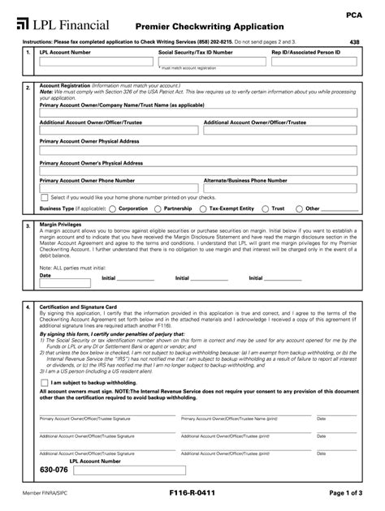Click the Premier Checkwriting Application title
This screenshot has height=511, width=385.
[209, 27]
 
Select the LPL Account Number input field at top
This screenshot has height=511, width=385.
[96, 62]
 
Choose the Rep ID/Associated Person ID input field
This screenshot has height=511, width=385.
[316, 62]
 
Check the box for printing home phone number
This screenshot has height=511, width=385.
[44, 197]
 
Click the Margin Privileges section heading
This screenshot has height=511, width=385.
[61, 224]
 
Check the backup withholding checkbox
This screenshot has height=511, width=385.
[44, 382]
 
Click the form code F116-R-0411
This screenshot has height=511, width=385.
[192, 493]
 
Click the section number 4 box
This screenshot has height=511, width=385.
[28, 307]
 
